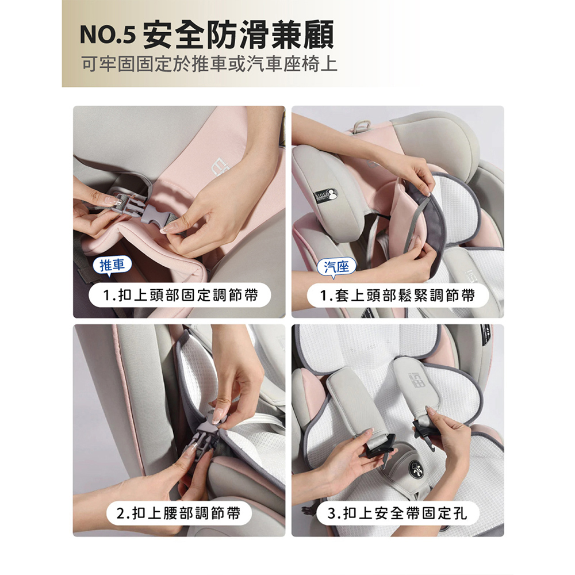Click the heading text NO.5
point(108,35)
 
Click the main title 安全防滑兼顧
point(238,34)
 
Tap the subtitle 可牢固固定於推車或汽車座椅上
point(209,64)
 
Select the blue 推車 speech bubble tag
point(112,265)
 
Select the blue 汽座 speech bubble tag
point(336,267)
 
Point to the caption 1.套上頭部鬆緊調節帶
point(397,295)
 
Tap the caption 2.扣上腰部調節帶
point(179,513)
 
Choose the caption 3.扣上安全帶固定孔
point(397,513)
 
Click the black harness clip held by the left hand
point(378,448)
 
